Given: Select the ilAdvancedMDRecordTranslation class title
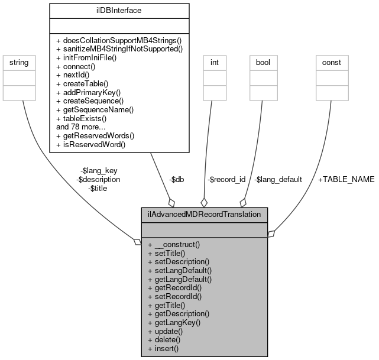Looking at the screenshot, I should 205,215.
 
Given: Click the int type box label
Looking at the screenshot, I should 214,61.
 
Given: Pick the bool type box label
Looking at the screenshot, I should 263,61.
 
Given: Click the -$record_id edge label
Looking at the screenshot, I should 226,179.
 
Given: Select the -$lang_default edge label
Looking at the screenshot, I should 278,179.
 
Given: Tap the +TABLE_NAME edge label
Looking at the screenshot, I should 346,179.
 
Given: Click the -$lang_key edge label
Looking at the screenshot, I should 99,170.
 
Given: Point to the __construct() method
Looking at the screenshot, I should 174,244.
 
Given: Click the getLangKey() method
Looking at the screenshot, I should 174,323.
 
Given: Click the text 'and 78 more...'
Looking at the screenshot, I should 81,127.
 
